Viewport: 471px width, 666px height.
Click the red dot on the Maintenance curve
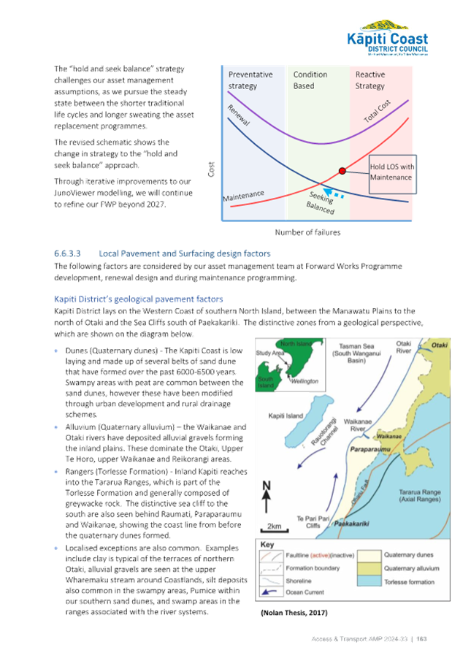(342, 171)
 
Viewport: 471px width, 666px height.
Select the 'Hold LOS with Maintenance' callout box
(391, 174)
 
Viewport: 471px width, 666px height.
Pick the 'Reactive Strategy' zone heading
(372, 80)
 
